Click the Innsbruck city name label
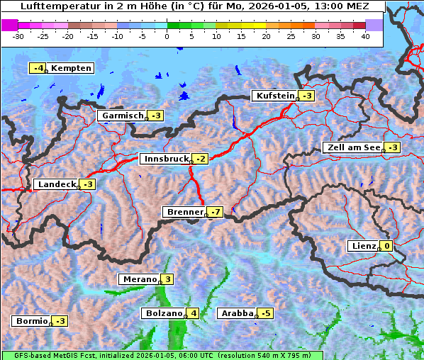[x=165, y=159]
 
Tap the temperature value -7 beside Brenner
[x=216, y=212]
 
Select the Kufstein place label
[x=274, y=96]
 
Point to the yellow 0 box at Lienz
[x=387, y=246]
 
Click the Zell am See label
[x=352, y=147]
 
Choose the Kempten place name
[x=72, y=68]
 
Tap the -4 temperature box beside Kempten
[x=38, y=68]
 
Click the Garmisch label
[x=123, y=116]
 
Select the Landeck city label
[x=57, y=184]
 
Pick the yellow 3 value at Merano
[x=167, y=279]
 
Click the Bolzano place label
[x=164, y=313]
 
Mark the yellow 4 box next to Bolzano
[x=194, y=313]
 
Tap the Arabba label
[x=237, y=313]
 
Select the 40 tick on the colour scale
[x=365, y=36]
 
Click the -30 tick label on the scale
[x=18, y=36]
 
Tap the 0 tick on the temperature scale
[x=167, y=36]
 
